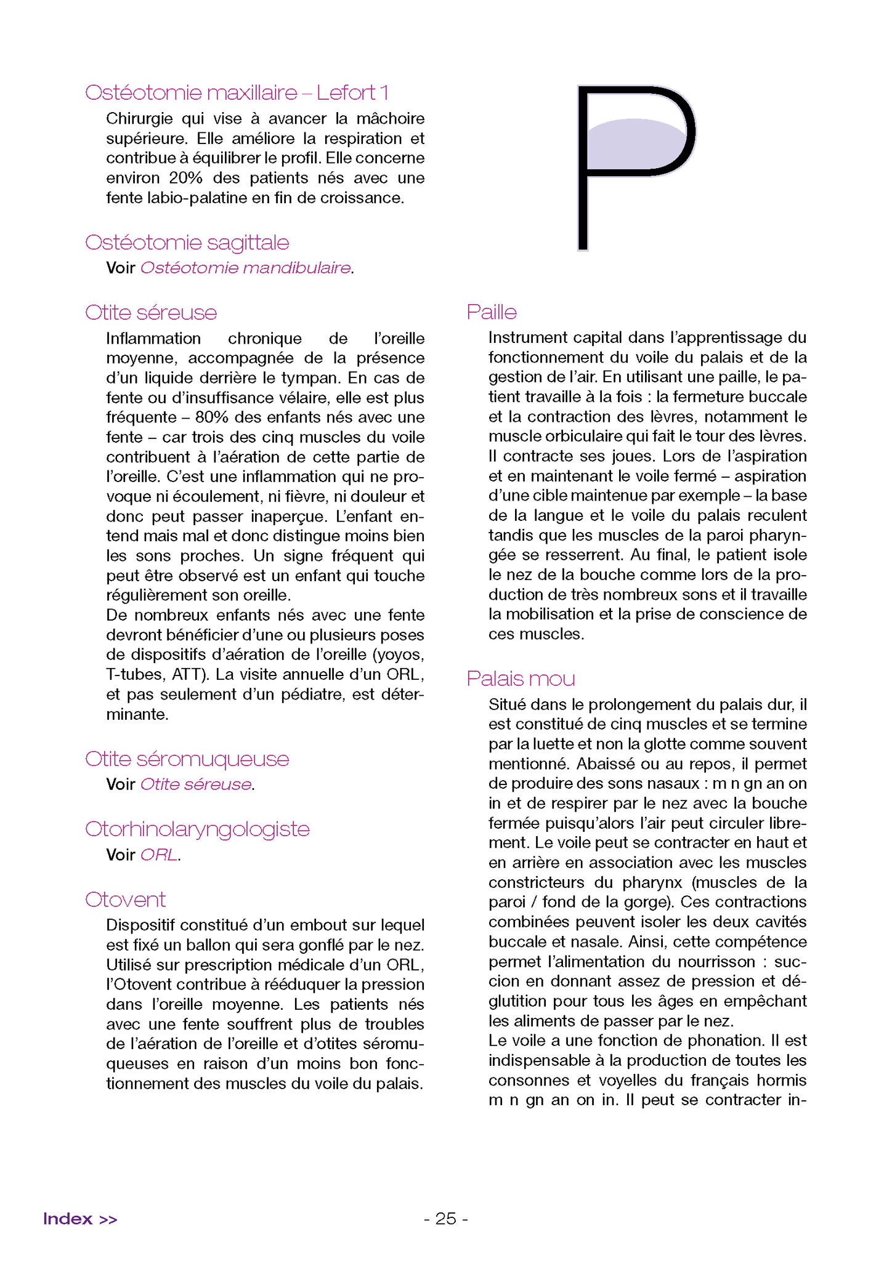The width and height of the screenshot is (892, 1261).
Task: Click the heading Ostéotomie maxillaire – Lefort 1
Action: [237, 93]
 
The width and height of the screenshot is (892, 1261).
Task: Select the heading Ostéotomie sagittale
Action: [187, 243]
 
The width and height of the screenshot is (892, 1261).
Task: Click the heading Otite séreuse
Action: [151, 313]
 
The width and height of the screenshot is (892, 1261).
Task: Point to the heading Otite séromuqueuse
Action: [187, 759]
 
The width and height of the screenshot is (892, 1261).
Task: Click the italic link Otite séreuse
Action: [196, 785]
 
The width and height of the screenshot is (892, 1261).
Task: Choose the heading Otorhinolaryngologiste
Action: [197, 829]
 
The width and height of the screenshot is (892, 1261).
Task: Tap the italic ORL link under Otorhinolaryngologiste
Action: [159, 855]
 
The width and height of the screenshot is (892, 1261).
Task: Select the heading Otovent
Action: [125, 900]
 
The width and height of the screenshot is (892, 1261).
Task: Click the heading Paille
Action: [491, 312]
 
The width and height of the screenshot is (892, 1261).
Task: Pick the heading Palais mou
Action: [521, 679]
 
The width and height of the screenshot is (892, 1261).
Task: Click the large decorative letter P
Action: [635, 166]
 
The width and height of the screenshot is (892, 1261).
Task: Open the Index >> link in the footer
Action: [80, 1219]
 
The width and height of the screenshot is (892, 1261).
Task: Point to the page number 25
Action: [446, 1219]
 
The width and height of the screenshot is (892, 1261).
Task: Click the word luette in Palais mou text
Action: [542, 744]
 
